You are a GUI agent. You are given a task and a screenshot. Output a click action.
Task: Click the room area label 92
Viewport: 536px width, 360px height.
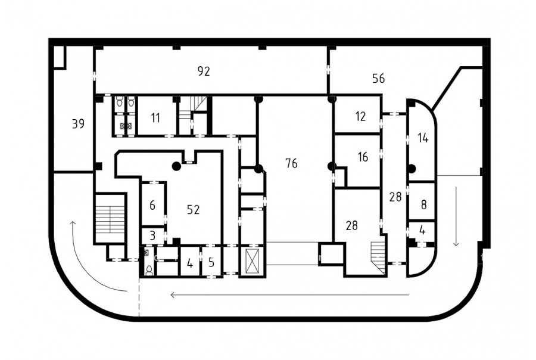click(x=204, y=71)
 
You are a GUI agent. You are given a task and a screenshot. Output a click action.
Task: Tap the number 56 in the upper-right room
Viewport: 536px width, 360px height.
click(x=378, y=78)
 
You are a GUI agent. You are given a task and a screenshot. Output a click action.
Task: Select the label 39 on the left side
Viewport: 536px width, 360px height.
click(x=78, y=123)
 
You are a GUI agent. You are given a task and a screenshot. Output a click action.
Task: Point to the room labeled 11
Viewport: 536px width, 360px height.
click(x=155, y=118)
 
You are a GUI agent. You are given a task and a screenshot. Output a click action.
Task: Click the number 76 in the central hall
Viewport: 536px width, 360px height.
click(x=292, y=163)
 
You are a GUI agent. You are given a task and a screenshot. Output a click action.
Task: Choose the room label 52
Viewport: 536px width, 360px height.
click(x=193, y=209)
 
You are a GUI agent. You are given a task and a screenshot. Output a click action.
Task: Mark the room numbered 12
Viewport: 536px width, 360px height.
click(x=361, y=116)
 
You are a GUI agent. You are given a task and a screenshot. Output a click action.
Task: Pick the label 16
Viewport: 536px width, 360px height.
click(x=363, y=157)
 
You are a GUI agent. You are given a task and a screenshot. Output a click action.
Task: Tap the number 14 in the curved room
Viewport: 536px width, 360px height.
click(x=423, y=138)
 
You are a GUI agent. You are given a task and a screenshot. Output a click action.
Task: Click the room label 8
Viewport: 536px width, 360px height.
click(x=424, y=204)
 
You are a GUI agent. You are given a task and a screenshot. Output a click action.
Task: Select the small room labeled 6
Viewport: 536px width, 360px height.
click(x=152, y=205)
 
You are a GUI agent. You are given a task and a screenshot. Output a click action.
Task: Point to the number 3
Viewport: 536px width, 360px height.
click(x=152, y=235)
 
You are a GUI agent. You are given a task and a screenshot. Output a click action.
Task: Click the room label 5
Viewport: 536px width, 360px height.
click(x=211, y=262)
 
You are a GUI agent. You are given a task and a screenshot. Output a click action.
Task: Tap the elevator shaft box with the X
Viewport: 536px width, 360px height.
click(x=251, y=262)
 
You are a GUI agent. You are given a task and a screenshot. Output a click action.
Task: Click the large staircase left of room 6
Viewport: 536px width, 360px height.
click(x=110, y=219)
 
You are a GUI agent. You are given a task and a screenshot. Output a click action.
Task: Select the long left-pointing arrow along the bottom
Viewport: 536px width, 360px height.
click(x=290, y=294)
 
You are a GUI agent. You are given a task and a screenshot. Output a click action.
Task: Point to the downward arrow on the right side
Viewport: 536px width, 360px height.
click(x=456, y=216)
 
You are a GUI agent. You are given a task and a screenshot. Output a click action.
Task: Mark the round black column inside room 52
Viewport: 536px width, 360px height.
click(x=176, y=166)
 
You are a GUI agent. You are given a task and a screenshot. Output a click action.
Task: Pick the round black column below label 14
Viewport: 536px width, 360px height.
click(x=412, y=168)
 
